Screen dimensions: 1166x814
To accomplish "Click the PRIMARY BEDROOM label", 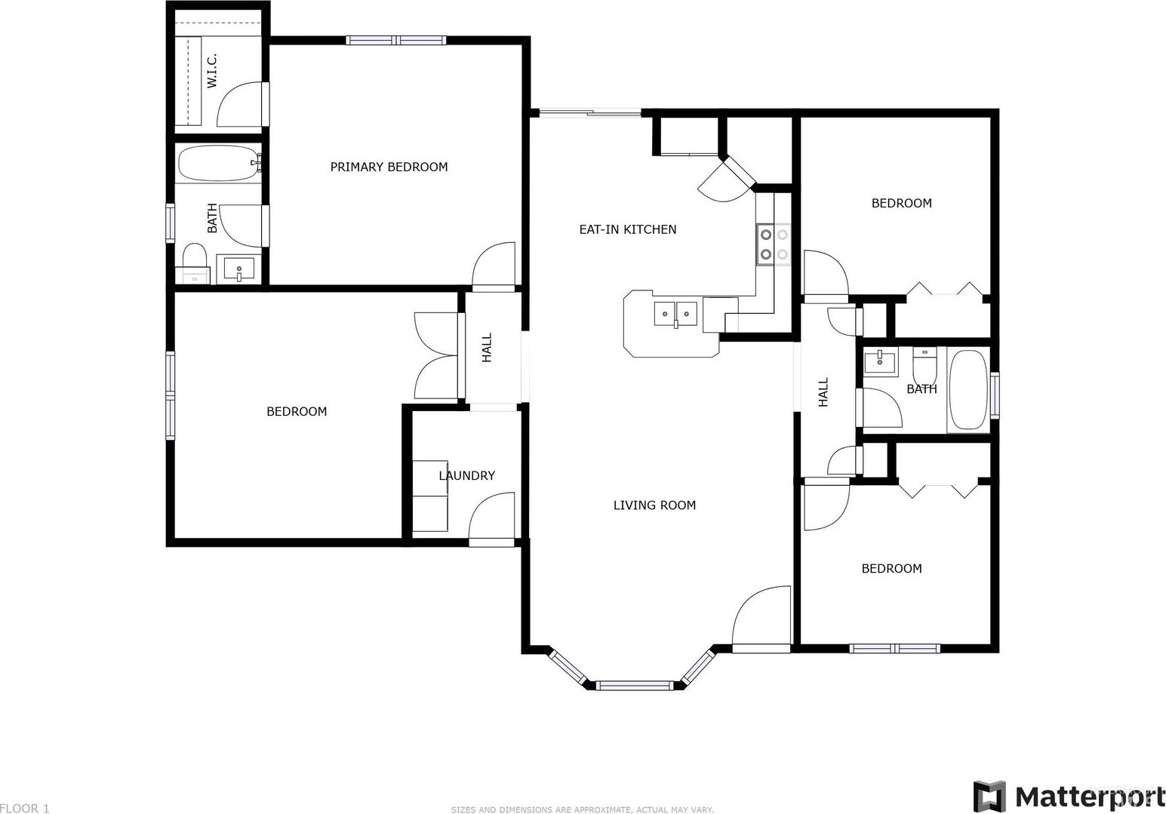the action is pyautogui.click(x=389, y=167).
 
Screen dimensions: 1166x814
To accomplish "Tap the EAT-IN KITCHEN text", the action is pyautogui.click(x=628, y=229).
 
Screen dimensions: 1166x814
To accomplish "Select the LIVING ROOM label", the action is pyautogui.click(x=654, y=505).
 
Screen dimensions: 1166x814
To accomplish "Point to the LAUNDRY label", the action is pyautogui.click(x=466, y=476).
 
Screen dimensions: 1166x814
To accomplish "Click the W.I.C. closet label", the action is pyautogui.click(x=212, y=71).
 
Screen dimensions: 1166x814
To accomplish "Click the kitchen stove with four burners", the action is pyautogui.click(x=774, y=244).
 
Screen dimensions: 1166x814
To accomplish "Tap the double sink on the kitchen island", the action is pyautogui.click(x=675, y=314).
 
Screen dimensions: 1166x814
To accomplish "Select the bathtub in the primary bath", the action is pyautogui.click(x=219, y=164).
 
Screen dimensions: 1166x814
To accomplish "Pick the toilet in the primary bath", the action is pyautogui.click(x=195, y=263).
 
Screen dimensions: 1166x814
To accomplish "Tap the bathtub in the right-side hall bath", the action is pyautogui.click(x=968, y=390).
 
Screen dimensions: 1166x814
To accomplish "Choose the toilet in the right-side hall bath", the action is pyautogui.click(x=924, y=365).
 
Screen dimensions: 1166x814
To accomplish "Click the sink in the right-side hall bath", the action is pyautogui.click(x=881, y=361).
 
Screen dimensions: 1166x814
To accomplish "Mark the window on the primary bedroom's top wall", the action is pyautogui.click(x=396, y=40).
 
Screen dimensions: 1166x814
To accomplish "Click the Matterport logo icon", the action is pyautogui.click(x=990, y=797).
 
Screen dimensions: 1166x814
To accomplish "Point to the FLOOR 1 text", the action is pyautogui.click(x=25, y=808).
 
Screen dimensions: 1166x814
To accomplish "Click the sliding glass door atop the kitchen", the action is pyautogui.click(x=589, y=112).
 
